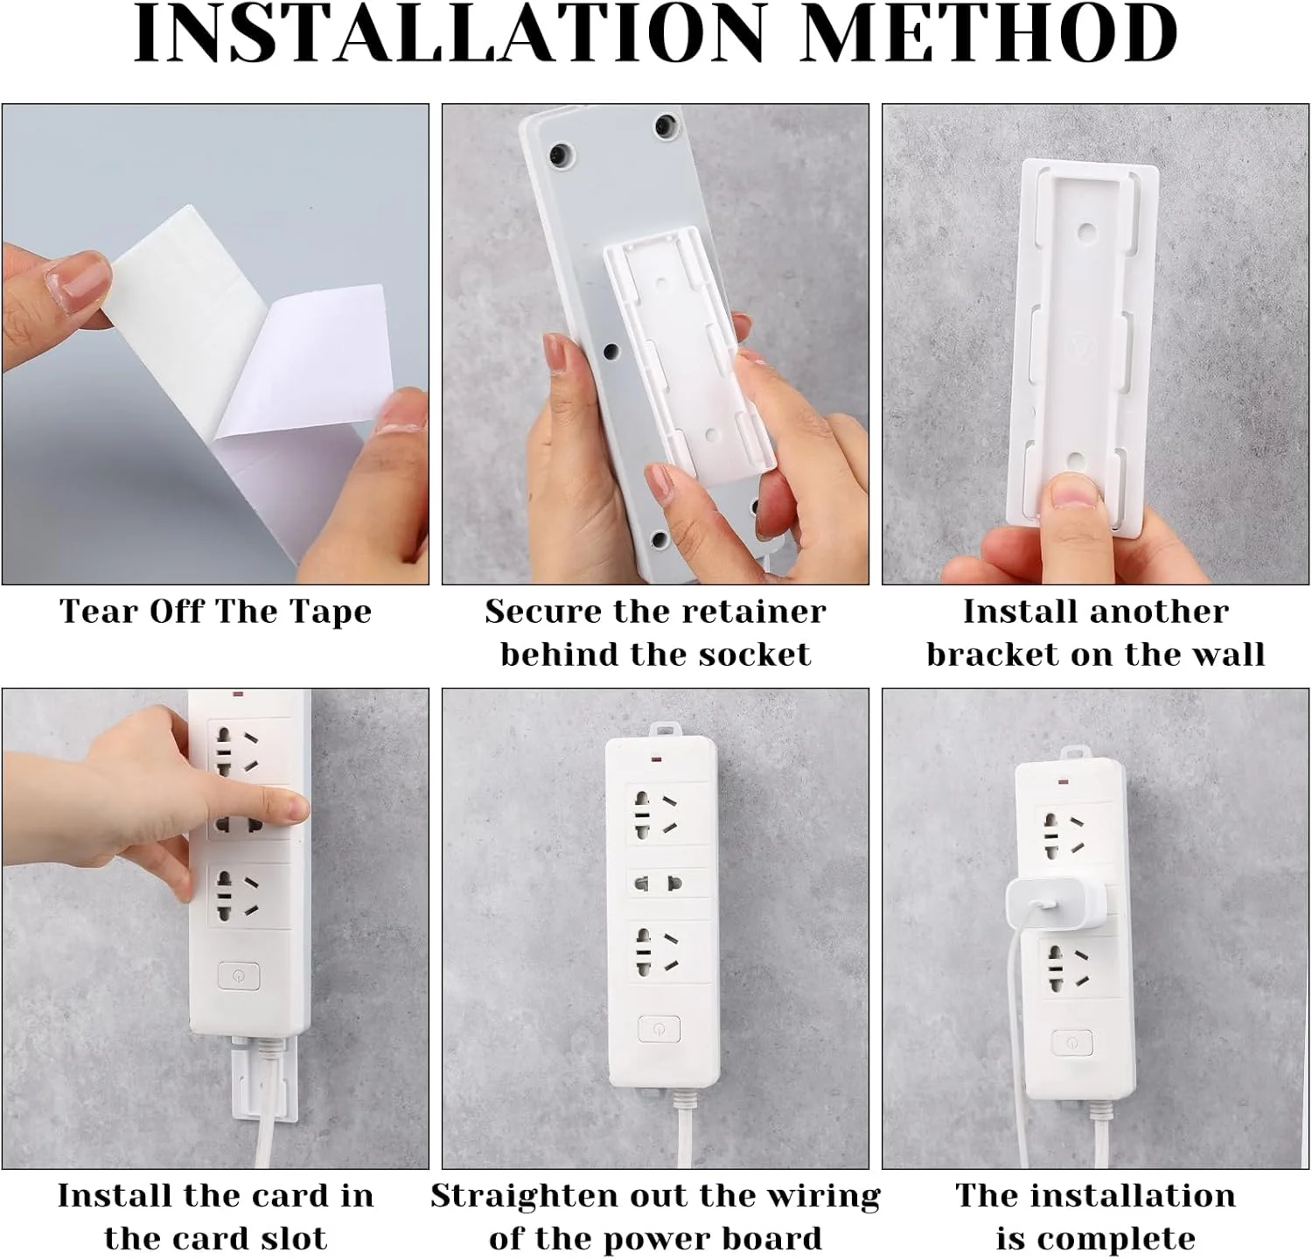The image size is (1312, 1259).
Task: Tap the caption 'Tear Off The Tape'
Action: coord(215,612)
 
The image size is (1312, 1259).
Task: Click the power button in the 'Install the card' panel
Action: coord(238,976)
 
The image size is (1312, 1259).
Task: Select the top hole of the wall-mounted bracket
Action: coord(1086,233)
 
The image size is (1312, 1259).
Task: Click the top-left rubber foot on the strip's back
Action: coord(559,157)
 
